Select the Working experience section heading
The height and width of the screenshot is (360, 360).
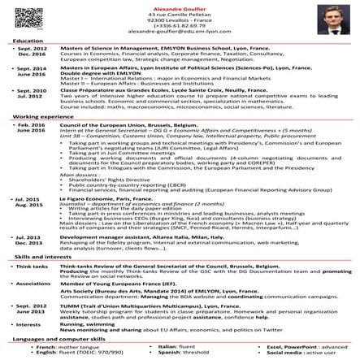(36, 117)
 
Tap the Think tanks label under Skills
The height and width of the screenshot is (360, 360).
(31, 266)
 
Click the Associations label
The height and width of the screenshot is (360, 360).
(33, 284)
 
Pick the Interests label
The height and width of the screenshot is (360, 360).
(28, 323)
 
